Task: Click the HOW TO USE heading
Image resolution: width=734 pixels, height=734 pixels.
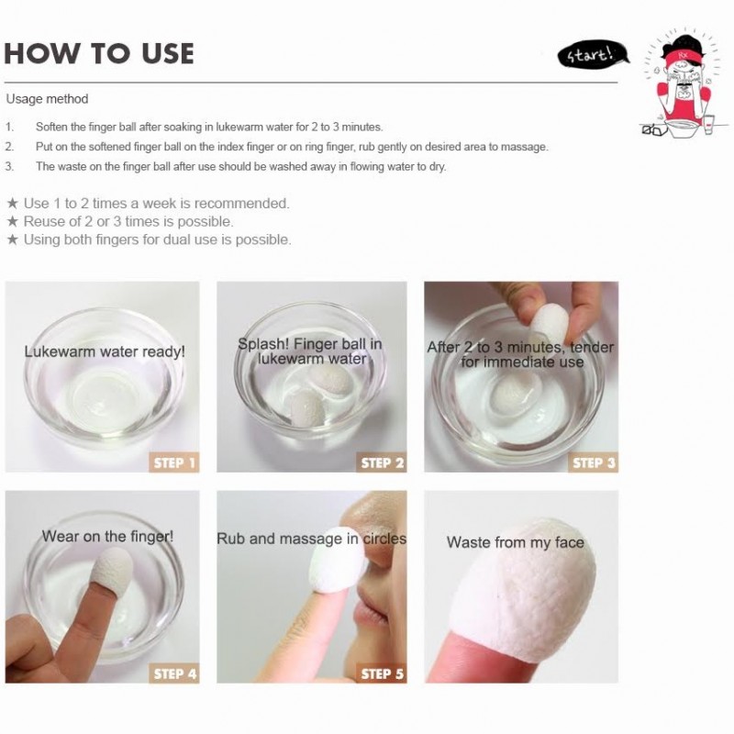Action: (x=99, y=53)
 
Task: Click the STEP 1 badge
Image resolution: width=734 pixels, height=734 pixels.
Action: (x=174, y=462)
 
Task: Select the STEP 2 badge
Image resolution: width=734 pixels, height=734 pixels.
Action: (x=382, y=462)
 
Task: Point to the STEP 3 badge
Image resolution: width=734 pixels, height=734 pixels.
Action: (x=593, y=462)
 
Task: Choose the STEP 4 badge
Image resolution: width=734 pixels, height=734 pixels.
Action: (x=174, y=673)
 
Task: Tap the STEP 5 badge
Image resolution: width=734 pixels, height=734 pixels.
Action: (x=382, y=673)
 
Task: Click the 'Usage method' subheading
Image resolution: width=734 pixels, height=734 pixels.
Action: (x=47, y=99)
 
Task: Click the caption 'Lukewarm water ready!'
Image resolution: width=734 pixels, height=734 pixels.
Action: (x=105, y=351)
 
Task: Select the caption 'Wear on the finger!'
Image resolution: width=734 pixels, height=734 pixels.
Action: (x=107, y=536)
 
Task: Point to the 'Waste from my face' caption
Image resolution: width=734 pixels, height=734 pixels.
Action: (x=516, y=542)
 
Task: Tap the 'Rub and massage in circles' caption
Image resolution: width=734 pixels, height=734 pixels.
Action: (x=311, y=539)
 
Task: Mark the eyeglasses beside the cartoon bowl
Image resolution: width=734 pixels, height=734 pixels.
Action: (x=652, y=129)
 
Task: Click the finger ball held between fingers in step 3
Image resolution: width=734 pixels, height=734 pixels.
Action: (x=549, y=322)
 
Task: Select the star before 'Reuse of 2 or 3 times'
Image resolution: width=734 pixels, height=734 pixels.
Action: (x=13, y=221)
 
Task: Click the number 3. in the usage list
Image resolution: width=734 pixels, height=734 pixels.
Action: (x=9, y=167)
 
